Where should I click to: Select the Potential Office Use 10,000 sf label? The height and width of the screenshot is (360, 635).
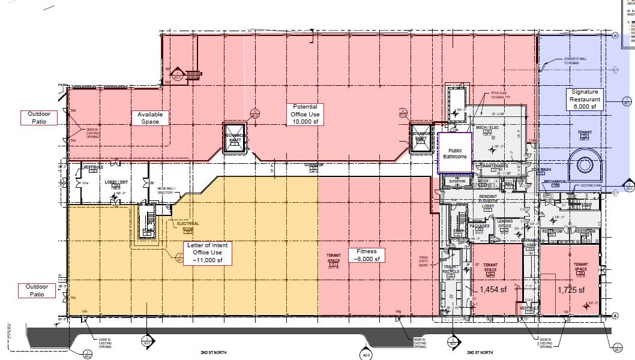[305, 114]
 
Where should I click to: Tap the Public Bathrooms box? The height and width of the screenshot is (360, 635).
[455, 153]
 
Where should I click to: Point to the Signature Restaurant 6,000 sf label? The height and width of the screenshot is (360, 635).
[585, 99]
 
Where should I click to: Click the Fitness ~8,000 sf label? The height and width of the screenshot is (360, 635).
[366, 255]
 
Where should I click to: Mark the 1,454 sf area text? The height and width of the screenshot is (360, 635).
[493, 289]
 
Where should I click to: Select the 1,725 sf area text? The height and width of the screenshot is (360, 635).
[571, 290]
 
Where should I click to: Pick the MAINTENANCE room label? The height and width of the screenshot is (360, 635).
[496, 166]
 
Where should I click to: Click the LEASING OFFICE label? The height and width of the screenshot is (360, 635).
[505, 223]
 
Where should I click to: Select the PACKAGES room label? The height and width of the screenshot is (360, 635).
[480, 226]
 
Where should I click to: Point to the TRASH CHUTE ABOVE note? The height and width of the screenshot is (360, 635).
[424, 260]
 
